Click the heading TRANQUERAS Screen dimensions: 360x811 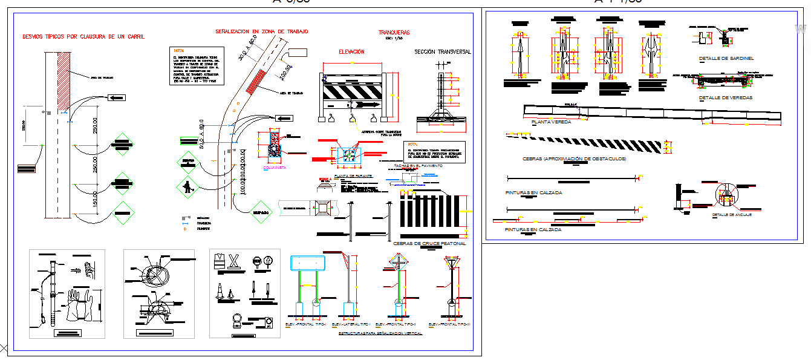click(394, 32)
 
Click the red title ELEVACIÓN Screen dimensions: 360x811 click(351, 52)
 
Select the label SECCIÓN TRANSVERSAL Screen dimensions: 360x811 click(442, 52)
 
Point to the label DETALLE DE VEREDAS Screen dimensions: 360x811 click(726, 97)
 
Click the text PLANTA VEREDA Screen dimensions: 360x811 click(552, 122)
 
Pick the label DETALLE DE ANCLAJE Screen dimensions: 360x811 click(731, 215)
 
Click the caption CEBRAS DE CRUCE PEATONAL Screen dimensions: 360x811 click(429, 243)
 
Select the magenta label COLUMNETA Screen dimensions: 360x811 click(274, 168)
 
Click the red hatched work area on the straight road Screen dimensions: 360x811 click(64, 73)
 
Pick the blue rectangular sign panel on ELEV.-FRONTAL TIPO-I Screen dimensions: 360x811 click(308, 264)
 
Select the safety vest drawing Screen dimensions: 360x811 click(219, 260)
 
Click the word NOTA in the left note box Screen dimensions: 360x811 click(178, 51)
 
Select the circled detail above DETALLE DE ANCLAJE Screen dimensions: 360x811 click(726, 195)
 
